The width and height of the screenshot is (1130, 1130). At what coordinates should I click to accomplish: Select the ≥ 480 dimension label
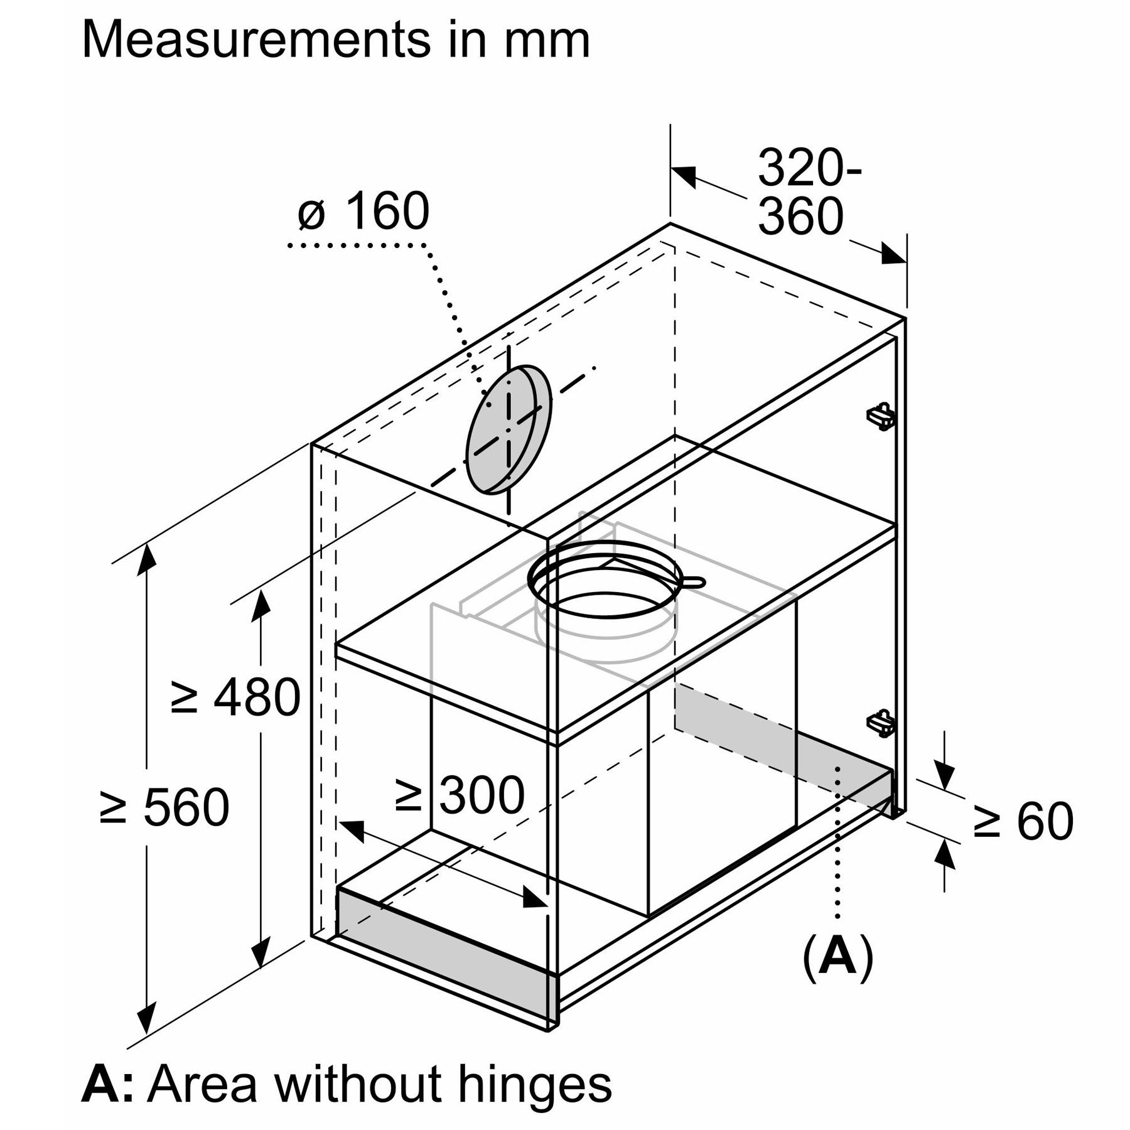pyautogui.click(x=235, y=697)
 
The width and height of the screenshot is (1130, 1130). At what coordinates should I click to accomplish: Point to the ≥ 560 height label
pyautogui.click(x=164, y=807)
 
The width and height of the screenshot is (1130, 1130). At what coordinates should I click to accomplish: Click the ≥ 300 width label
pyautogui.click(x=460, y=795)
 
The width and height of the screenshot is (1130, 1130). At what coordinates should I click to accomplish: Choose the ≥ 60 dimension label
pyautogui.click(x=1023, y=821)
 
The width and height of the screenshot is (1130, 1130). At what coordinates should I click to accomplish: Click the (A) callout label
pyautogui.click(x=837, y=957)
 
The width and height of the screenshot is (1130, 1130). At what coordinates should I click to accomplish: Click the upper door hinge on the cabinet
pyautogui.click(x=880, y=416)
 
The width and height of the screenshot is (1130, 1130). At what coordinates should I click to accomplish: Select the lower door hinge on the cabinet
pyautogui.click(x=880, y=723)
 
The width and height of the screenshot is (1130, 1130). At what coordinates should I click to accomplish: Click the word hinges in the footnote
pyautogui.click(x=534, y=1084)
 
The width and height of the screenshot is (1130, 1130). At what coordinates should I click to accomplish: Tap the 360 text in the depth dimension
pyautogui.click(x=800, y=217)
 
